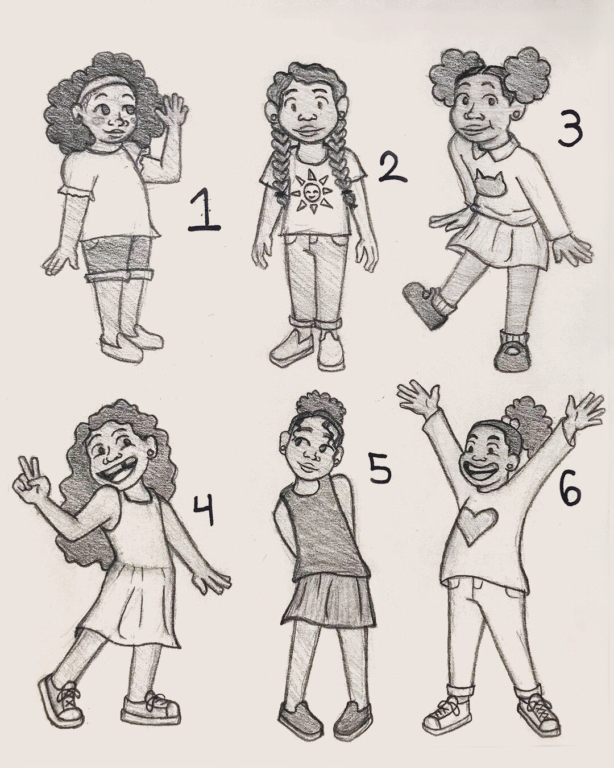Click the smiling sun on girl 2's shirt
[x=308, y=193]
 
